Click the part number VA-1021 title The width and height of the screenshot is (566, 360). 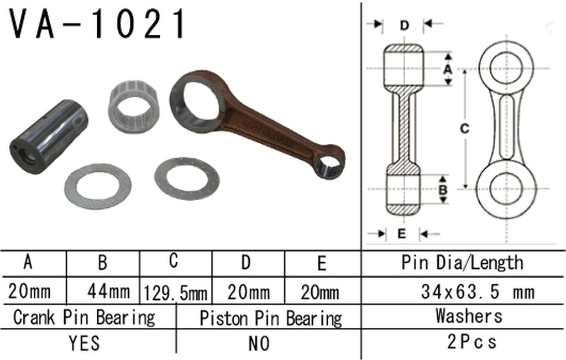[x=98, y=24]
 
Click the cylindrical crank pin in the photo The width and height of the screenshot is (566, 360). [x=49, y=137]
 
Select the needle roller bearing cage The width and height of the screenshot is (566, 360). [x=134, y=107]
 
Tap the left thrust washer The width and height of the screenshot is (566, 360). [x=98, y=186]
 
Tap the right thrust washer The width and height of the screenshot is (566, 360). [x=187, y=179]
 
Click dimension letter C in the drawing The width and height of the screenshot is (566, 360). [x=465, y=128]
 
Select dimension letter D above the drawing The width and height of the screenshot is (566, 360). [x=404, y=25]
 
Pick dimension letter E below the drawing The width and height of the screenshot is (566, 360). [x=401, y=233]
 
